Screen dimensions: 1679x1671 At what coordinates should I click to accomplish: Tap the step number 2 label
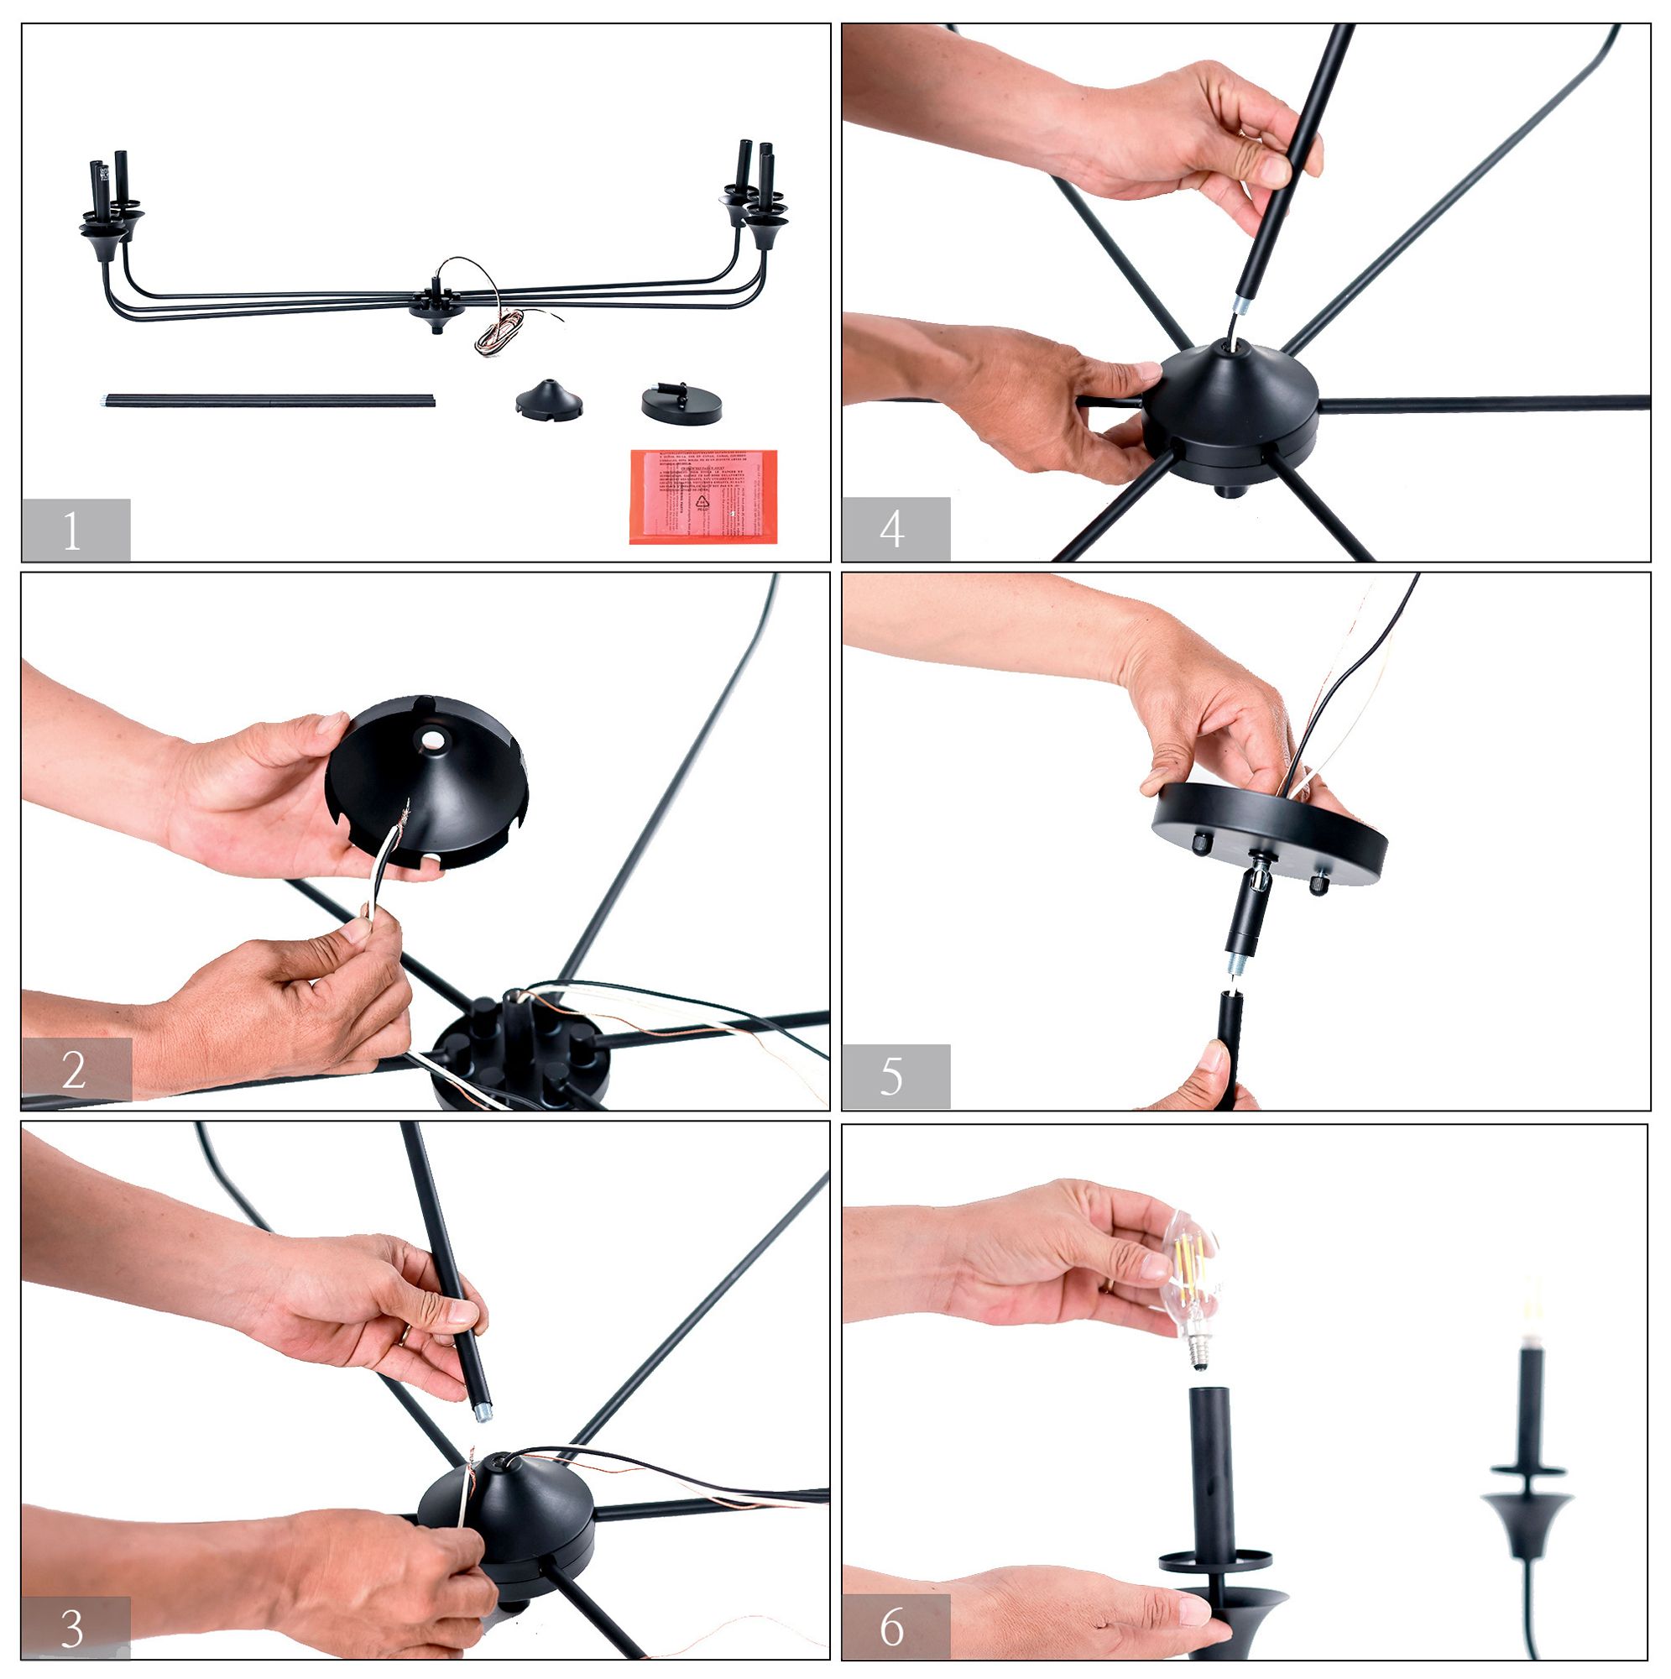click(74, 1070)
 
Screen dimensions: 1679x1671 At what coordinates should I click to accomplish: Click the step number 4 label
click(892, 529)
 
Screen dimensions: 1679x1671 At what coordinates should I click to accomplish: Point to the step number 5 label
click(892, 1078)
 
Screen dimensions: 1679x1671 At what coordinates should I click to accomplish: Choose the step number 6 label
click(892, 1626)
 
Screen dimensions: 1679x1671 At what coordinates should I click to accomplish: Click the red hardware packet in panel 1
click(703, 496)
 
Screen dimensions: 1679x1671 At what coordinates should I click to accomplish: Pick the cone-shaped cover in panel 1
click(548, 400)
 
